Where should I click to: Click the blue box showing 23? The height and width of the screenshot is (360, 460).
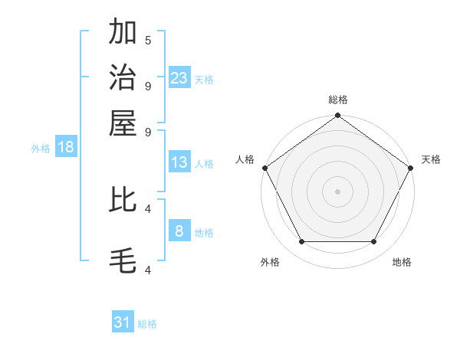(x=179, y=77)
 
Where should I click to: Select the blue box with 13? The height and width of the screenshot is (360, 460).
(x=179, y=162)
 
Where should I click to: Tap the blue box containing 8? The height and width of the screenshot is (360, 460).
(x=179, y=231)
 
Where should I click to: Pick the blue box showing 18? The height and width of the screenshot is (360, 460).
(x=66, y=147)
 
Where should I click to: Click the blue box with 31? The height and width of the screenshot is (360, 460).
(x=123, y=322)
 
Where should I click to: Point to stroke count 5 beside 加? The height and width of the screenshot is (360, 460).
(x=148, y=40)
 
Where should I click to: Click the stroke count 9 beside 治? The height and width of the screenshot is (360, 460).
(x=148, y=86)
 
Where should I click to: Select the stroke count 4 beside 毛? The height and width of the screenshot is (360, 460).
(x=148, y=270)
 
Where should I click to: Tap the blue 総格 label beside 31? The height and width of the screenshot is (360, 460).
(x=147, y=324)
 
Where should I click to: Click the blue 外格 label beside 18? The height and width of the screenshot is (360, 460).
(x=41, y=149)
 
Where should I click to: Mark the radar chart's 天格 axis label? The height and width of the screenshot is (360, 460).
(x=431, y=159)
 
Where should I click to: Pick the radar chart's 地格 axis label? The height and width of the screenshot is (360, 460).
(x=402, y=262)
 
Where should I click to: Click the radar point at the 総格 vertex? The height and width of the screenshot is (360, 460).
(x=337, y=116)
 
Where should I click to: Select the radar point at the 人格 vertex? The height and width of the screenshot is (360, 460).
(x=264, y=168)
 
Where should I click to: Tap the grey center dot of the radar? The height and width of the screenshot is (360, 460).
(x=337, y=191)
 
